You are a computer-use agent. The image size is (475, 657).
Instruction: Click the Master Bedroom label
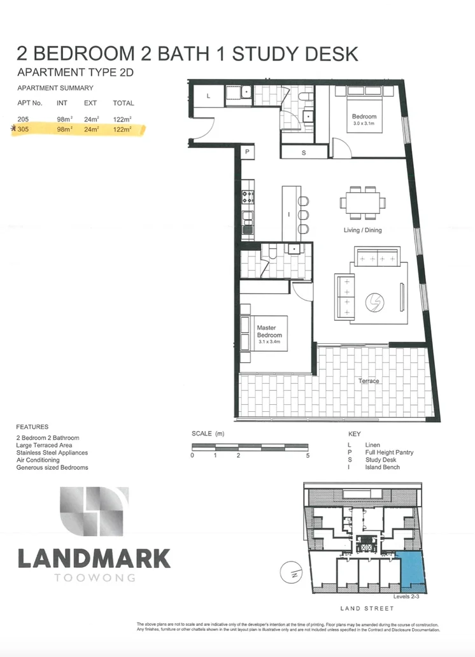[269, 332]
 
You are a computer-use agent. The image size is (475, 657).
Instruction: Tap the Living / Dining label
[362, 230]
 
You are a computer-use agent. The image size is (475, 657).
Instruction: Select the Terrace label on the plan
[368, 381]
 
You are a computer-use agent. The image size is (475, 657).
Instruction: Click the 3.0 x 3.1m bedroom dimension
[364, 124]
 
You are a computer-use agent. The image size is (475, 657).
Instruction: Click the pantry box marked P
[247, 152]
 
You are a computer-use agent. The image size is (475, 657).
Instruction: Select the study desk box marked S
[303, 153]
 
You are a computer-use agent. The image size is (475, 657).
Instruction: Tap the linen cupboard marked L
[209, 96]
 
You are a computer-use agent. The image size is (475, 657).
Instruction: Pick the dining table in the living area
[362, 202]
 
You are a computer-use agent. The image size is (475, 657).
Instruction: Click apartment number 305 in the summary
[23, 129]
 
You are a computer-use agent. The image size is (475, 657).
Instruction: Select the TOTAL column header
[123, 103]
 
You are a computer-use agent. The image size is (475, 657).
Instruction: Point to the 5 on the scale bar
[308, 456]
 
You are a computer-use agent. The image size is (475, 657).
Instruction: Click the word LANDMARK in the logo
[94, 558]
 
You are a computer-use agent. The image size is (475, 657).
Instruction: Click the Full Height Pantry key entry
[389, 452]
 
